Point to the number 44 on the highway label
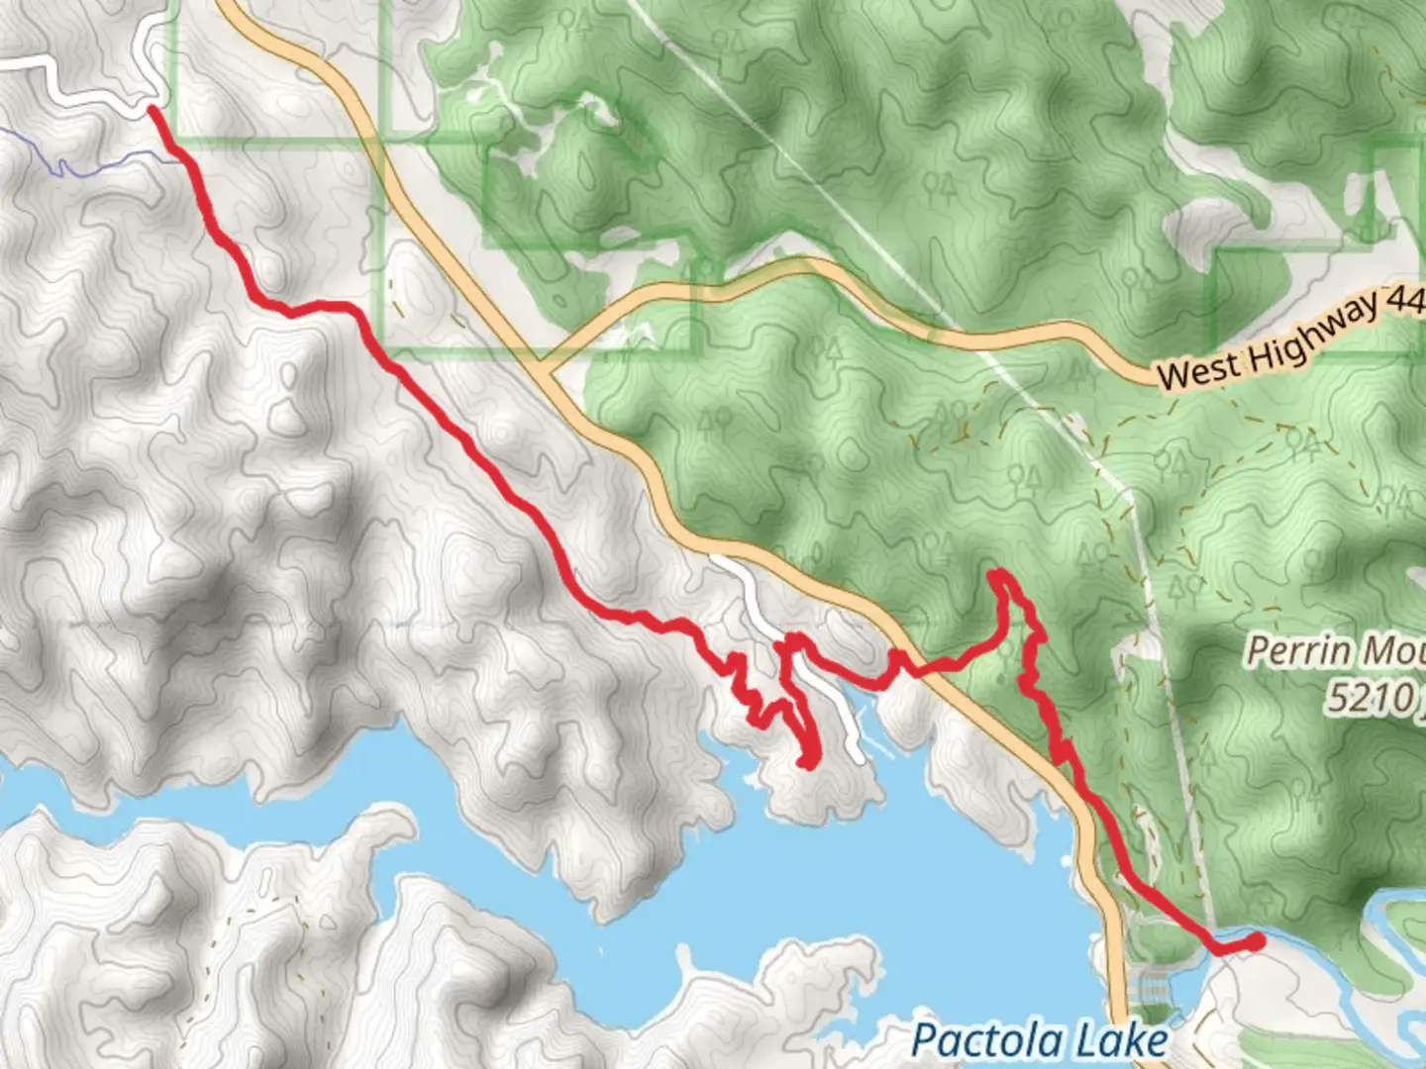coord(1406,301)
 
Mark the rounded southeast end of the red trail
coord(1256,941)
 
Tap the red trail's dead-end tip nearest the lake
coord(808,761)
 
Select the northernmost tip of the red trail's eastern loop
coord(999,574)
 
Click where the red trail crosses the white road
coord(792,648)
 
